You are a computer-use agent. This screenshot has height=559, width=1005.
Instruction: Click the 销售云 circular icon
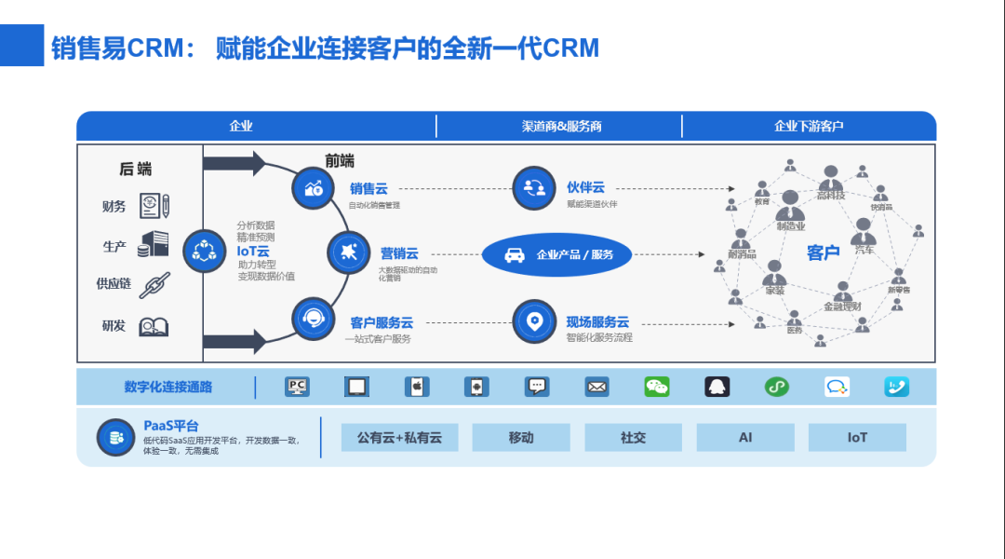tap(314, 188)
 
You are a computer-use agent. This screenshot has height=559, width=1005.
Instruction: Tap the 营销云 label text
tap(399, 253)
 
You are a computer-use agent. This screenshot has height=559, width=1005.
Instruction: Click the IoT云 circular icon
tap(204, 251)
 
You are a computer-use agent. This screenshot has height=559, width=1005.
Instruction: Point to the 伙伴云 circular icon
tap(534, 188)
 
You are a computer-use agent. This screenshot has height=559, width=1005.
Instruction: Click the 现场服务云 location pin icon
tap(534, 320)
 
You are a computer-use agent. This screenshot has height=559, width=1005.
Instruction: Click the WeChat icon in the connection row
tap(657, 387)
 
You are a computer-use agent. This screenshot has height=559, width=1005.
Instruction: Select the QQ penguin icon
tap(717, 387)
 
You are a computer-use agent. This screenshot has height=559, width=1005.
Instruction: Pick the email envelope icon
tap(596, 387)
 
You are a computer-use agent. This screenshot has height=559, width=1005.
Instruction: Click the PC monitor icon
tap(297, 387)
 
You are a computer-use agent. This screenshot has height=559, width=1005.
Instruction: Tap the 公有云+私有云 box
tap(399, 437)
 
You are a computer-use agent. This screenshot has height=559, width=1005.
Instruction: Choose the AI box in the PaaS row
tap(745, 437)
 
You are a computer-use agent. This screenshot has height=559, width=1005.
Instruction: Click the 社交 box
tap(633, 437)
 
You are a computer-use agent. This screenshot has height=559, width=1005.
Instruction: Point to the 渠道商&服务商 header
tap(561, 126)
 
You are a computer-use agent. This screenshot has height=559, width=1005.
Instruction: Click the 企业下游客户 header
tap(809, 126)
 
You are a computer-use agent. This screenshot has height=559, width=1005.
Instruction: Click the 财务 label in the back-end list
tap(114, 207)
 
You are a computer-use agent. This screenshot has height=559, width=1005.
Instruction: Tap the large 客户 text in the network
tap(824, 252)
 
